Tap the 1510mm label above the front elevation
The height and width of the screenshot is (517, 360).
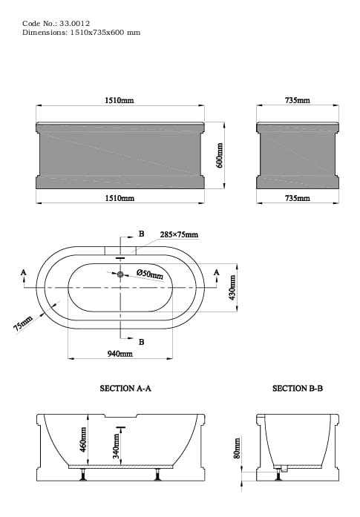tap(119, 100)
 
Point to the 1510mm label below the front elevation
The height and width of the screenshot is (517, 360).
tap(119, 198)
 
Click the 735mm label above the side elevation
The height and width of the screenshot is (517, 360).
tap(298, 100)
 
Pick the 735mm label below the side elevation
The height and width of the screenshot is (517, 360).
tap(298, 198)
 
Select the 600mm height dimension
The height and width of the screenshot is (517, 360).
tap(220, 154)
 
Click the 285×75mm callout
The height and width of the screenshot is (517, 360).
tap(179, 235)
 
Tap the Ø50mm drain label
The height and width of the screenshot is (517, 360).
tap(149, 274)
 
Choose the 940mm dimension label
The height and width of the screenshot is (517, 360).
tap(120, 355)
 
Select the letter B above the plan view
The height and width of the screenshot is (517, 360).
tap(141, 234)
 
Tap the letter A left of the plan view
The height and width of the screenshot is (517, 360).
tap(24, 273)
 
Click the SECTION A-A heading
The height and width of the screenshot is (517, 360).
tap(125, 388)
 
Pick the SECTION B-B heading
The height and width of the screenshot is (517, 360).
tap(297, 388)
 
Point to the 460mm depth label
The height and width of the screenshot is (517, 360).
tap(83, 439)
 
